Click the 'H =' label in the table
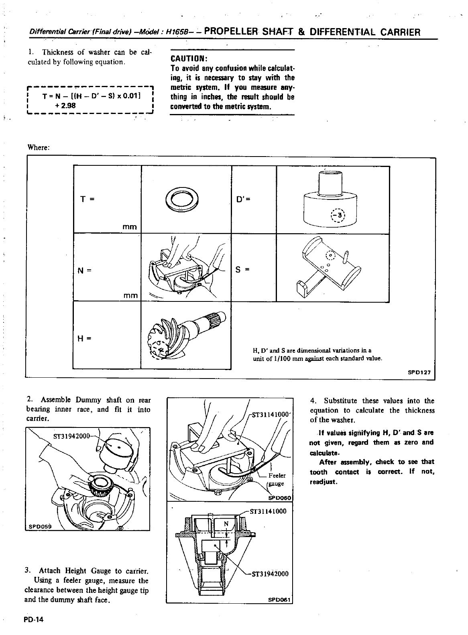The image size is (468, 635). tap(83, 338)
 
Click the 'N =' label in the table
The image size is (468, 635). tap(84, 270)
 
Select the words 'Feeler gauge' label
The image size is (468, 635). tap(277, 479)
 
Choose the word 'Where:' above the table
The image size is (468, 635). tap(38, 147)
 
